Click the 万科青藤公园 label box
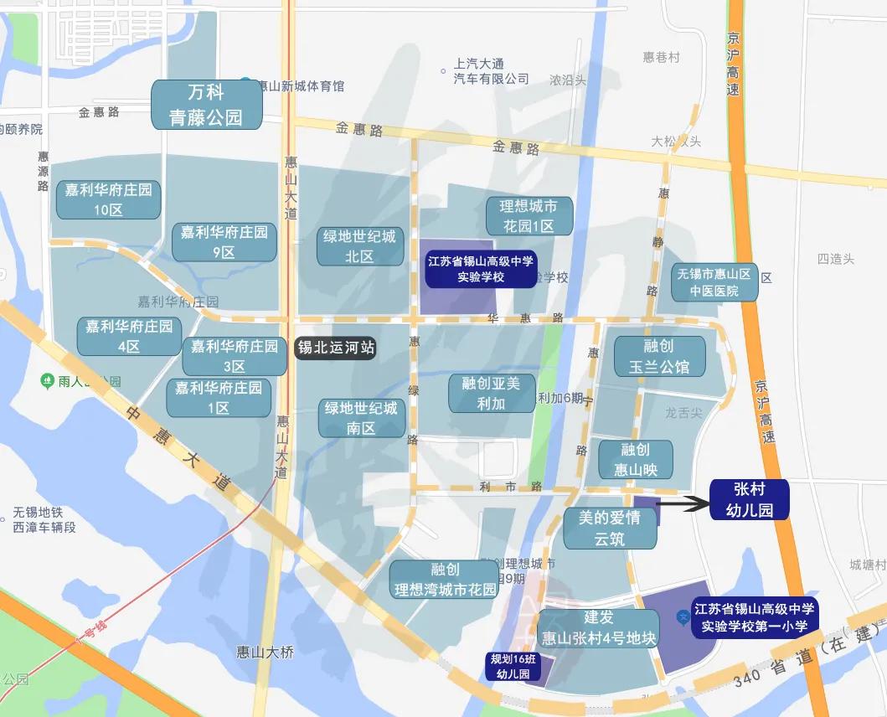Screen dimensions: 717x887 (207, 105)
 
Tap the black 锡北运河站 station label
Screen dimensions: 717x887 (337, 348)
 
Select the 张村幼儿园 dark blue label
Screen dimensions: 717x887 (750, 499)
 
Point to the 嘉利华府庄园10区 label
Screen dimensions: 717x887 (109, 200)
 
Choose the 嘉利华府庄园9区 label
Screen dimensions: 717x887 (224, 242)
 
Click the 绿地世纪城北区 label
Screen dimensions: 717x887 (359, 246)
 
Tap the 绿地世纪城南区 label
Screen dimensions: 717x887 (361, 418)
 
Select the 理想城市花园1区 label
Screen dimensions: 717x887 (529, 216)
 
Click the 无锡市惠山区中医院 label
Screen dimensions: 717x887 (714, 282)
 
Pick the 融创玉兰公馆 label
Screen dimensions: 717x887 (660, 356)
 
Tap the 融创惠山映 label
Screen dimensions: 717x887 (636, 460)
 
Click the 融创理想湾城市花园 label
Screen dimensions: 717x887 (446, 580)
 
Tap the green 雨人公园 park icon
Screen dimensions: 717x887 (48, 381)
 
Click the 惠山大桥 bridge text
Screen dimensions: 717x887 (266, 653)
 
